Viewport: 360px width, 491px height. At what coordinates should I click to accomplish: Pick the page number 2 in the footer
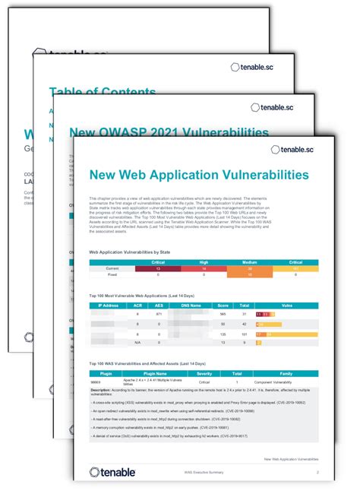(x=316, y=471)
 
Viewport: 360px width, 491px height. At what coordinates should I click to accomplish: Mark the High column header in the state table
(x=204, y=261)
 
